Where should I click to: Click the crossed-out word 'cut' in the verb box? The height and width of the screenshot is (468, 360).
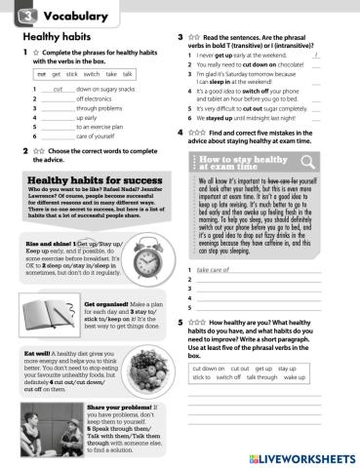tap(40, 73)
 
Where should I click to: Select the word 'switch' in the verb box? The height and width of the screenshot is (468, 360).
tap(91, 73)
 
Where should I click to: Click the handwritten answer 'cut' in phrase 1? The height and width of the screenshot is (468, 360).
tap(57, 88)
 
